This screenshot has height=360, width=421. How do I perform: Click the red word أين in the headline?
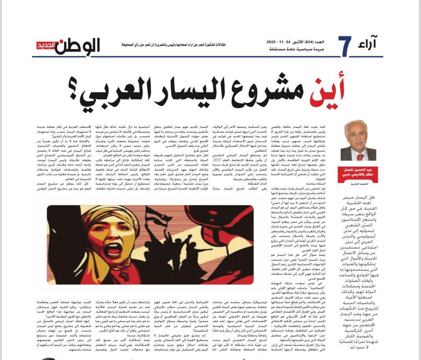327,92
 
